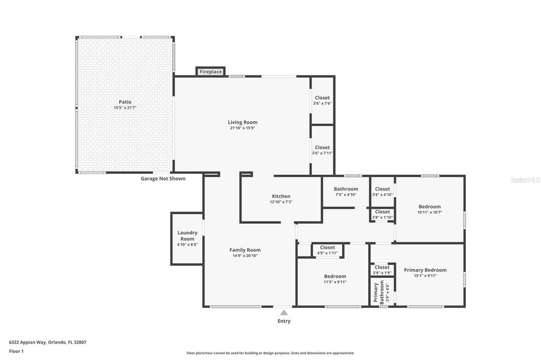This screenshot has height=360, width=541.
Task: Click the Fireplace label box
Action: point(211,72)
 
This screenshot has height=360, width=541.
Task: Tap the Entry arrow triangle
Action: point(284,312)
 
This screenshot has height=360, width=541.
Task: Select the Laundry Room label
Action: point(187,235)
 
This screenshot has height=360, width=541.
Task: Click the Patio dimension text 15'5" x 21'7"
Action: point(125,108)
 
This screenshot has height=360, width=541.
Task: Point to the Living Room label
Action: point(242,122)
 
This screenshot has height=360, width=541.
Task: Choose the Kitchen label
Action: point(281,196)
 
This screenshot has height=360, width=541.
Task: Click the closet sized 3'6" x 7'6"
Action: point(322,100)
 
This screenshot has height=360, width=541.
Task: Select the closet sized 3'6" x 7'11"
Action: point(322,150)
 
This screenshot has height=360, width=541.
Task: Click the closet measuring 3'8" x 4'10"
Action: point(383,192)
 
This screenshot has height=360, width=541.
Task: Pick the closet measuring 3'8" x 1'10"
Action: point(383,214)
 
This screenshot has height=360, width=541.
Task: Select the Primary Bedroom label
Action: point(425,270)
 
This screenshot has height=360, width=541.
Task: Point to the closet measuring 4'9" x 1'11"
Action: point(328,250)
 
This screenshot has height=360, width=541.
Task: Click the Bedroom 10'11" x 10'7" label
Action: point(430,207)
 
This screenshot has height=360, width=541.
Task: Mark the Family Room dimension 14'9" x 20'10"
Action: point(245,256)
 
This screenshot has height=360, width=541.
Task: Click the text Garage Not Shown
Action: point(163,178)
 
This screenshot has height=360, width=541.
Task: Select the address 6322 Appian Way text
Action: point(48,342)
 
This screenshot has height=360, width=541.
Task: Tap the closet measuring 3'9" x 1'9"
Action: point(382,270)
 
